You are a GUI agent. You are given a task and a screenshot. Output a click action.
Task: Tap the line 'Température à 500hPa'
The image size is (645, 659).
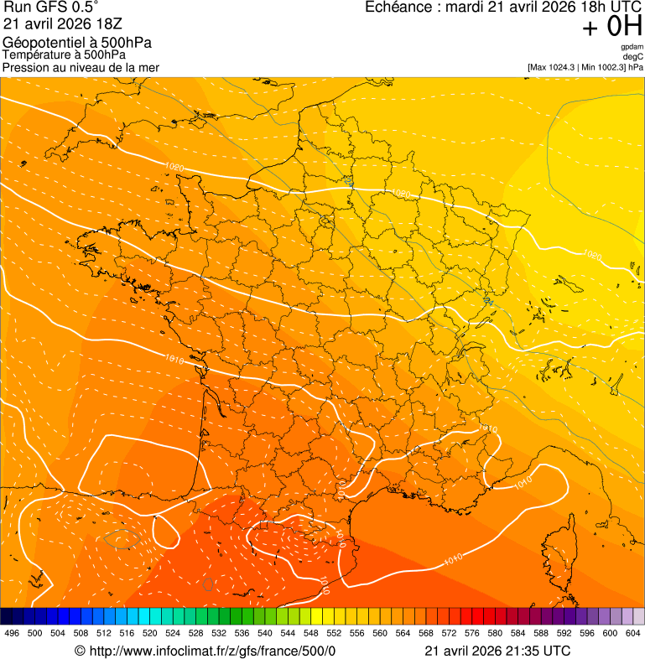(64, 55)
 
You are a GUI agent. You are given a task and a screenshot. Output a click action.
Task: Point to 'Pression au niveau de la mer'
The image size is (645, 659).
(81, 67)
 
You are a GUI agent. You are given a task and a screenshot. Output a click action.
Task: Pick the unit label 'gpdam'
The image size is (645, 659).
(632, 47)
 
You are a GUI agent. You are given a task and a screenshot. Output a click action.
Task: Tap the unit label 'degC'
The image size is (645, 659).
(633, 56)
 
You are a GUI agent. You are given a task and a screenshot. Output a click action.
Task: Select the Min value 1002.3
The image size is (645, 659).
(609, 66)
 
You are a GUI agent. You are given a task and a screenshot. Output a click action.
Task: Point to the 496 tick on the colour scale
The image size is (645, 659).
(12, 633)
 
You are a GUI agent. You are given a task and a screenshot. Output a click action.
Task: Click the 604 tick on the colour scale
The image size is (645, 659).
(633, 633)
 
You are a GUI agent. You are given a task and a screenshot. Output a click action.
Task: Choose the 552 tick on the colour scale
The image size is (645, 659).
(334, 633)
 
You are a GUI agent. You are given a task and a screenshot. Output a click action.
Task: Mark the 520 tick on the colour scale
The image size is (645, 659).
(150, 633)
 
